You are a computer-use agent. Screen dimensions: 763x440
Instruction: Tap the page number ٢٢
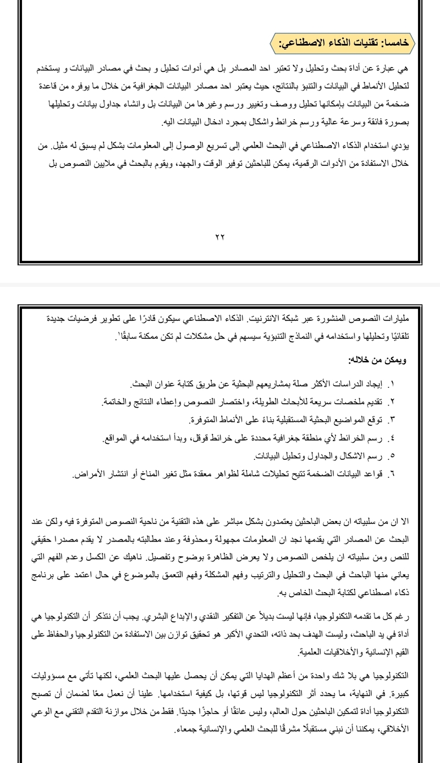pyautogui.click(x=219, y=237)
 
